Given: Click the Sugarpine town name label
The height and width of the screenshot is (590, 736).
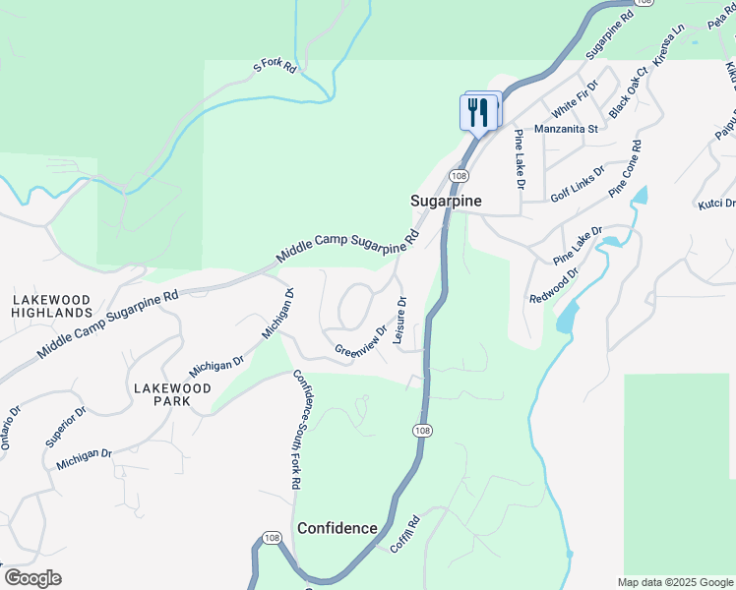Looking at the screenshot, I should (446, 200).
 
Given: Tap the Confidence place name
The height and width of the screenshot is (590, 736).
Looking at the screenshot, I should (337, 528).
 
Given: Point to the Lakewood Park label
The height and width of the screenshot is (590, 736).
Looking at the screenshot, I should (172, 395).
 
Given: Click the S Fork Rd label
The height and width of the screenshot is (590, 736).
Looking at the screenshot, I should (275, 67).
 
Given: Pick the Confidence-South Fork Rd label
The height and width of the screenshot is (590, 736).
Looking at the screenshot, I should (296, 430).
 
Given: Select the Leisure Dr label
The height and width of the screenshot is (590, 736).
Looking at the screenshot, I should (400, 321).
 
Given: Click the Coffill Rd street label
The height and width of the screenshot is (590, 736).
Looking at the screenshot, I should (404, 534).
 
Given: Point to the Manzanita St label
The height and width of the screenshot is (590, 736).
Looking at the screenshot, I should (566, 129).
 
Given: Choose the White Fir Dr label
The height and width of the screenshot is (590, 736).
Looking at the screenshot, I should (575, 99).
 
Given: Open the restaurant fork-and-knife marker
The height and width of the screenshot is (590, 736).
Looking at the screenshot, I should (479, 111).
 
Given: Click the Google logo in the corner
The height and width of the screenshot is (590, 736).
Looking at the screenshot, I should (32, 578).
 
